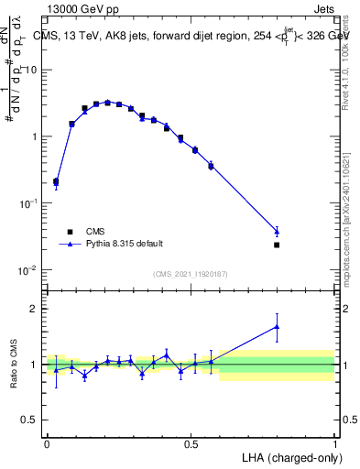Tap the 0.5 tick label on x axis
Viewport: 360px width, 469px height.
coord(191,442)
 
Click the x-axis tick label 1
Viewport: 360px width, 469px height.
coord(334,442)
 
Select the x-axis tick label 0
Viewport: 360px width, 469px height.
coord(47,442)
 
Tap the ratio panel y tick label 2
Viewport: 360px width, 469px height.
coord(36,309)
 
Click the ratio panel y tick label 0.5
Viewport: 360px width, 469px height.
coord(32,420)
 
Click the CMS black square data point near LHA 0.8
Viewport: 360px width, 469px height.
coord(277,245)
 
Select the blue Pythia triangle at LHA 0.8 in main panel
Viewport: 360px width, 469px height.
coord(277,231)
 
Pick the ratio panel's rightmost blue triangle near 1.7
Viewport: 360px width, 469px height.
coord(277,326)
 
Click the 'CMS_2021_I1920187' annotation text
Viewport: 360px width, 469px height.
coord(190,274)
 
